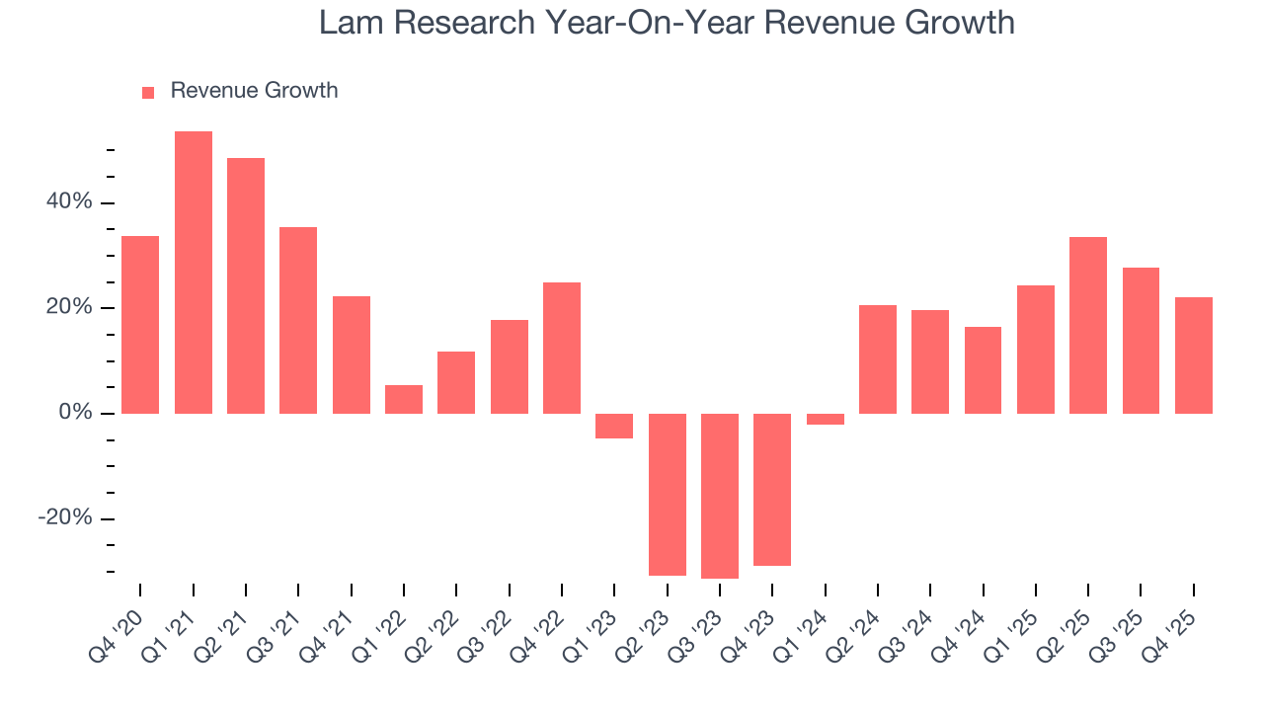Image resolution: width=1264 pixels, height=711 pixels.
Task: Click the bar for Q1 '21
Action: click(194, 272)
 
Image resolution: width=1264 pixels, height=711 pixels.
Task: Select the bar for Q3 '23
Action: click(720, 496)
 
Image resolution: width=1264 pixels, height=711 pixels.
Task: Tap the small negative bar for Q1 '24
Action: click(826, 419)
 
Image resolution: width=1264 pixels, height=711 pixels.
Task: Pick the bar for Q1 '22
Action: click(404, 399)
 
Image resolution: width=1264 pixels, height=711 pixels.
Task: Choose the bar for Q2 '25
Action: click(1088, 325)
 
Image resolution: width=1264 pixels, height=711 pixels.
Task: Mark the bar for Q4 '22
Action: click(562, 348)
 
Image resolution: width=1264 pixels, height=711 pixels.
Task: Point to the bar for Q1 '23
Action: click(614, 426)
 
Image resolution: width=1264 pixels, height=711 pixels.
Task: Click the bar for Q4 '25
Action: click(1193, 355)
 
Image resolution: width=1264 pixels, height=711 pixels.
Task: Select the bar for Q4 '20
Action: click(140, 324)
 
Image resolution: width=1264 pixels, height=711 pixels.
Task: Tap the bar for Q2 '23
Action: click(668, 494)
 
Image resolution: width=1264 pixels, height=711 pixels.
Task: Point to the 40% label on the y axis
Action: click(68, 202)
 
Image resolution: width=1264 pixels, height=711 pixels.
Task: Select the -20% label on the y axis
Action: click(64, 518)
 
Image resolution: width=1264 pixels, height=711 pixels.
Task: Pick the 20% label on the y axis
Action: click(68, 308)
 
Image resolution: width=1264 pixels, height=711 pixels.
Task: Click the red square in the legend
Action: click(148, 93)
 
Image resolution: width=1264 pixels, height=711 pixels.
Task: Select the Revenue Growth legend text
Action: click(254, 91)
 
